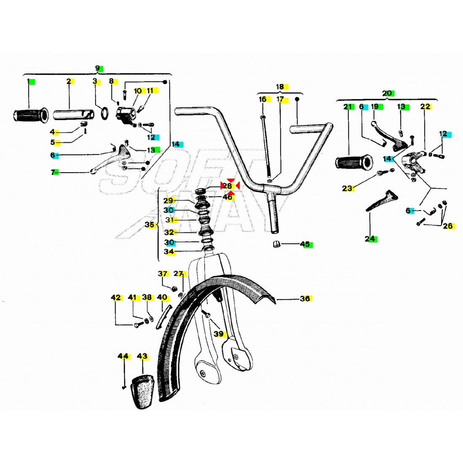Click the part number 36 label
[305, 299]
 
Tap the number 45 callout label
[305, 244]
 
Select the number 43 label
[142, 357]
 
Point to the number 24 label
[370, 239]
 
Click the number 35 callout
[150, 225]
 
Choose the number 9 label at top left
[98, 68]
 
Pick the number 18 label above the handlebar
[280, 87]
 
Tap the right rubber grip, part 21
[354, 162]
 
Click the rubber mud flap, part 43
[141, 392]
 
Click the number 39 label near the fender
[218, 334]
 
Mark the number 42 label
[116, 298]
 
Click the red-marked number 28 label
[228, 185]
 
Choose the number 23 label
[347, 189]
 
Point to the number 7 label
[53, 172]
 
